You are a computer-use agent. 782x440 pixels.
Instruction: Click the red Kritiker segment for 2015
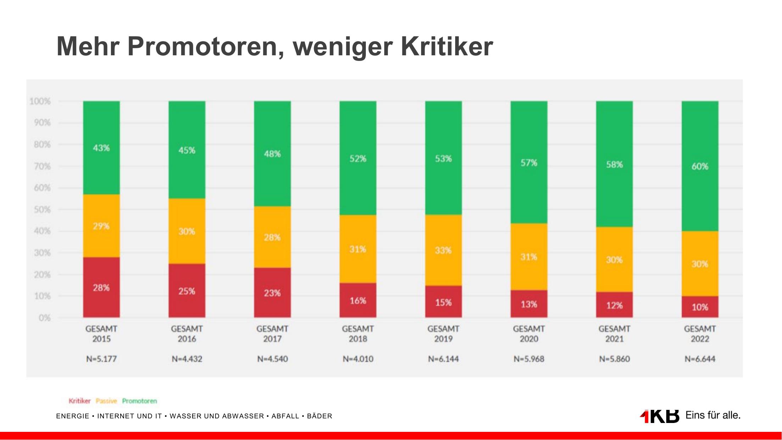pyautogui.click(x=101, y=287)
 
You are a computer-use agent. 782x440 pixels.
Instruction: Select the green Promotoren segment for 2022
pyautogui.click(x=700, y=166)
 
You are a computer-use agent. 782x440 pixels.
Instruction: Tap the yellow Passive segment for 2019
pyautogui.click(x=443, y=250)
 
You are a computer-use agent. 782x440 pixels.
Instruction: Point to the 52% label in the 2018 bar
pyautogui.click(x=358, y=158)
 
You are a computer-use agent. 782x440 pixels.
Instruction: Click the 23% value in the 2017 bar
pyautogui.click(x=272, y=293)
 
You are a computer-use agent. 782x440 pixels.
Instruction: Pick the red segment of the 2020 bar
pyautogui.click(x=529, y=304)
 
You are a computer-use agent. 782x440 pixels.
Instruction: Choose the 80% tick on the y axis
pyautogui.click(x=42, y=145)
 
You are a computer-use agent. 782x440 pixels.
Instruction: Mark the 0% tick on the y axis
pyautogui.click(x=44, y=318)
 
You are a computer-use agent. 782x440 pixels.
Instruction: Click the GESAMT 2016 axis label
pyautogui.click(x=187, y=334)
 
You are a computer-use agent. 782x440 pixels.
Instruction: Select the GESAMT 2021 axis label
pyautogui.click(x=614, y=334)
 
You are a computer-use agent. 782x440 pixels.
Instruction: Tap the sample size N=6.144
pyautogui.click(x=443, y=359)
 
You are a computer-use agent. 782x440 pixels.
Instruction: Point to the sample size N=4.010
pyautogui.click(x=358, y=359)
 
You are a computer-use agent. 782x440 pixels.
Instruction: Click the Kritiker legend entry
pyautogui.click(x=79, y=401)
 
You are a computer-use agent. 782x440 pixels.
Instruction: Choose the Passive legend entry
pyautogui.click(x=106, y=401)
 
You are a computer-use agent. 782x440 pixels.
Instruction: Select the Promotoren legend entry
pyautogui.click(x=139, y=401)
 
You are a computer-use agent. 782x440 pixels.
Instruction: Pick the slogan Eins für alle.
pyautogui.click(x=713, y=415)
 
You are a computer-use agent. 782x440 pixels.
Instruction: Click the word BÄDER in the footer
pyautogui.click(x=319, y=416)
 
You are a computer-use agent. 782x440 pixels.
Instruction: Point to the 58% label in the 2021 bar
pyautogui.click(x=614, y=165)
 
